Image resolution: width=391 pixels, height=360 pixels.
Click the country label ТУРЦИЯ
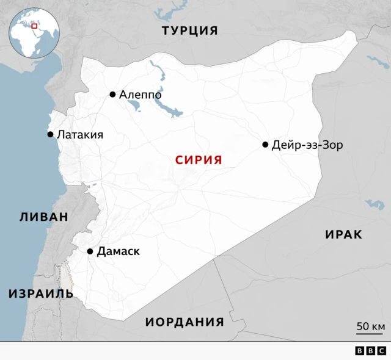coord(189,31)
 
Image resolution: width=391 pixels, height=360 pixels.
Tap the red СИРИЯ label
coord(198,160)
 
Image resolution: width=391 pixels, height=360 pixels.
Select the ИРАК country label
coord(343,234)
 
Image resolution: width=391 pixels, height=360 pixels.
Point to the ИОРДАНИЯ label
coord(185,322)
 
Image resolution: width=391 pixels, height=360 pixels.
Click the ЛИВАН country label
coord(43,217)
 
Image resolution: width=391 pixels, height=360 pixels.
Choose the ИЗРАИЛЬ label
coord(41,293)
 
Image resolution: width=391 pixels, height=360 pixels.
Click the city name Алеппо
coord(141,95)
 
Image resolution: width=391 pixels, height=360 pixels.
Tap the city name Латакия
coord(79,135)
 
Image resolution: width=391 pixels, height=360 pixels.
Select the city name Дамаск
coord(119,251)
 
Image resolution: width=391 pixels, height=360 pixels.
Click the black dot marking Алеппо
coord(112,94)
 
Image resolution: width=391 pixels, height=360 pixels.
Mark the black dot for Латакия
coord(50,134)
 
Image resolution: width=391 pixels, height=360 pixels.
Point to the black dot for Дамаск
coord(90,251)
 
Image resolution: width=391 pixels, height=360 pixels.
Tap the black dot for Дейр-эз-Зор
coord(265,145)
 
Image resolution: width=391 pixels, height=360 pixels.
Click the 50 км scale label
coord(370,326)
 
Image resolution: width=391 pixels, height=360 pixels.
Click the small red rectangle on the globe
coord(35,26)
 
